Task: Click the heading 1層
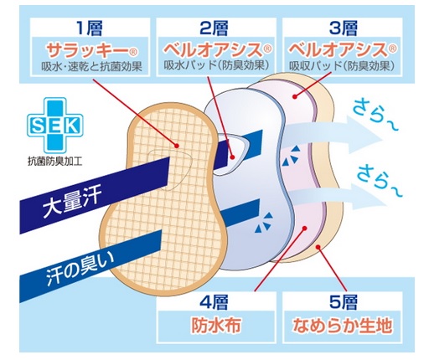pos(90,28)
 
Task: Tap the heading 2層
pos(214,28)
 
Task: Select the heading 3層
pos(344,28)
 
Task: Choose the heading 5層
pos(344,302)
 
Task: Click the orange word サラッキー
pos(87,50)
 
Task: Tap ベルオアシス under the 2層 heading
pos(213,50)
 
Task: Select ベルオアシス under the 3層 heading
pos(338,50)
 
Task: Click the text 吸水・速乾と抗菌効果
pos(92,66)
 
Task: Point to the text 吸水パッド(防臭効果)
pos(216,66)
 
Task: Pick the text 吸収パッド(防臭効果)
pos(342,66)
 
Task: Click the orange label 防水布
pos(216,325)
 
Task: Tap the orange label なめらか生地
pos(342,325)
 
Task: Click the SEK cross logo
pos(54,126)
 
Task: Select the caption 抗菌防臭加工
pos(55,162)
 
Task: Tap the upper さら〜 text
pos(375,116)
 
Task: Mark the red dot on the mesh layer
pos(176,146)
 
